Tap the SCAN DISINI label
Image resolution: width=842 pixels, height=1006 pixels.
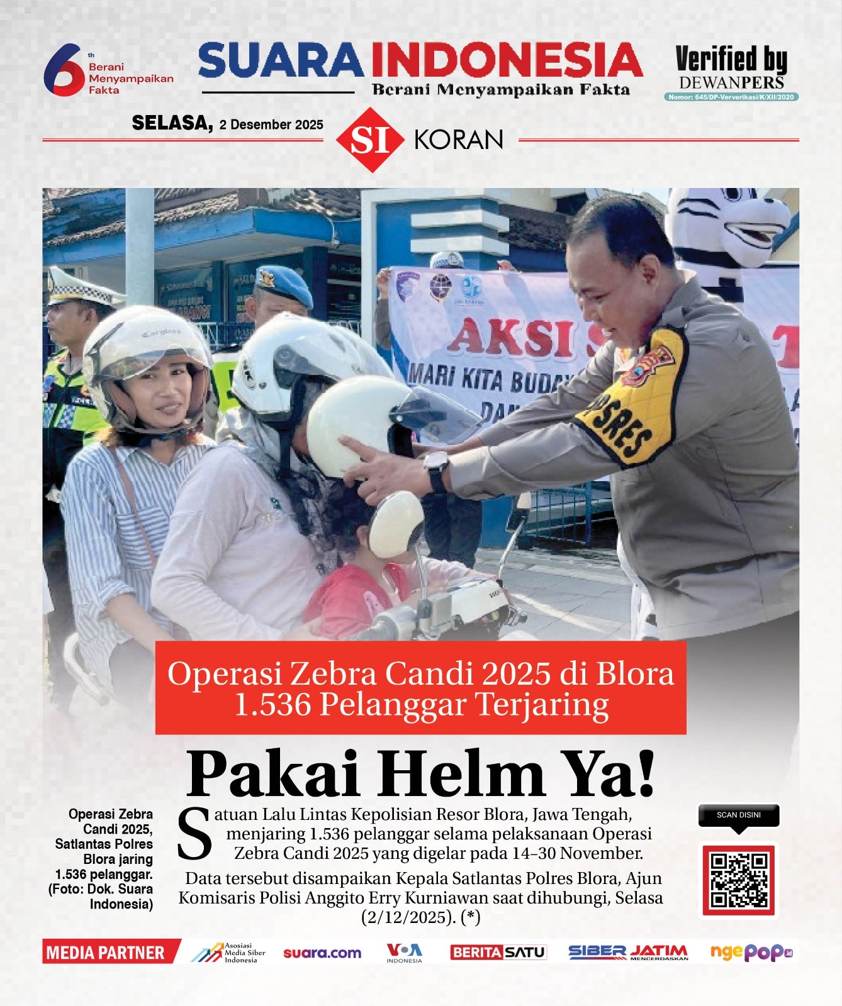tap(739, 815)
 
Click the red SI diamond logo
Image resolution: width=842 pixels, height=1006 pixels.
tap(370, 140)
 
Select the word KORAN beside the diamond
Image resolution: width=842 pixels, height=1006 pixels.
tap(459, 140)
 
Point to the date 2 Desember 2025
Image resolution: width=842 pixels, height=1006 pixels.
tap(271, 124)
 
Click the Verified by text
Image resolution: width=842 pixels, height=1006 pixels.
tap(731, 60)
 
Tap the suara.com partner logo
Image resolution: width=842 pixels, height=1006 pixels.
tap(322, 953)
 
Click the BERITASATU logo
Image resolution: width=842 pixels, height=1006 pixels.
tap(498, 953)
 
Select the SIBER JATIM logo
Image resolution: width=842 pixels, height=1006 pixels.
tap(628, 953)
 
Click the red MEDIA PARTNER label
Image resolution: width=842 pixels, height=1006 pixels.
tap(106, 953)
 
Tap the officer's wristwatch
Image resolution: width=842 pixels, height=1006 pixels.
tap(435, 471)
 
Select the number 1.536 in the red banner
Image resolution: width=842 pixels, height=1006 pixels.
tap(272, 704)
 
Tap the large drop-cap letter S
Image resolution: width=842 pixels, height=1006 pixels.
tap(194, 835)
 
